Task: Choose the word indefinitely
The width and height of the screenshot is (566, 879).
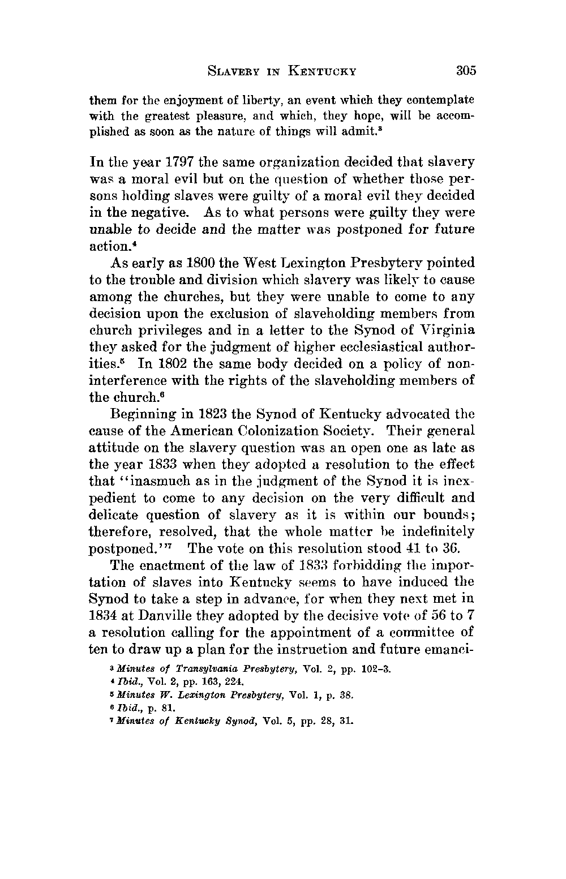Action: coord(437,531)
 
